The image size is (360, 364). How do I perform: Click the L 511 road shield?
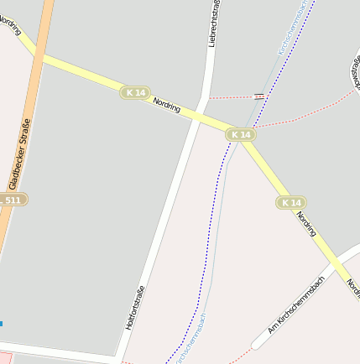point(12,200)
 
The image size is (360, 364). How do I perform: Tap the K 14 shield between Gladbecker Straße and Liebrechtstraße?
point(135,92)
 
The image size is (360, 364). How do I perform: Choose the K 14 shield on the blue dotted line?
point(240,134)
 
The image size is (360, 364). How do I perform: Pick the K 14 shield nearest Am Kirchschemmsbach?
point(290,203)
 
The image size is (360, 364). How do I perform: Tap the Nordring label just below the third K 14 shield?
point(305,224)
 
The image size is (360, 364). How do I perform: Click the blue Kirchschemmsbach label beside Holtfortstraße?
point(192,336)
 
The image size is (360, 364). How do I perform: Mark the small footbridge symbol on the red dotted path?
point(259,96)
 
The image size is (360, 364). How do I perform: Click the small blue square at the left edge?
point(1,323)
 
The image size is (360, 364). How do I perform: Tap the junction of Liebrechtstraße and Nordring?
point(201,115)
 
